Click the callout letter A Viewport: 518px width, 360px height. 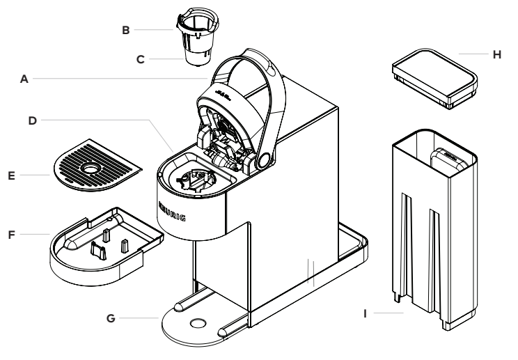pos(24,79)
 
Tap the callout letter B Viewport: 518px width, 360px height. pos(125,31)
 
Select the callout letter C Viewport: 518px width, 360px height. pos(141,59)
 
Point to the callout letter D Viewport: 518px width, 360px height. pos(32,121)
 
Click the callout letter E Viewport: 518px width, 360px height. pos(12,176)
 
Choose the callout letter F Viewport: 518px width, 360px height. pos(12,235)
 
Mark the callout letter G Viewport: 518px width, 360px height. pos(111,318)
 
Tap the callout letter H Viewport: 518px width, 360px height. pos(497,54)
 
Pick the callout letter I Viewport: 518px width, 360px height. pos(365,313)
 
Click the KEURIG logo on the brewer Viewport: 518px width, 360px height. pos(172,212)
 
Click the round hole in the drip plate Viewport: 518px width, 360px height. pos(90,169)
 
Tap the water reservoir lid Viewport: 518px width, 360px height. pos(434,78)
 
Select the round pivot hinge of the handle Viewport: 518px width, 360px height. pos(264,161)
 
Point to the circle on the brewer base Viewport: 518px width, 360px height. pos(198,323)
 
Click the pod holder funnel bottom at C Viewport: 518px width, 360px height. pos(198,57)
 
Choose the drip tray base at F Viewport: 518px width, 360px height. pos(107,246)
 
